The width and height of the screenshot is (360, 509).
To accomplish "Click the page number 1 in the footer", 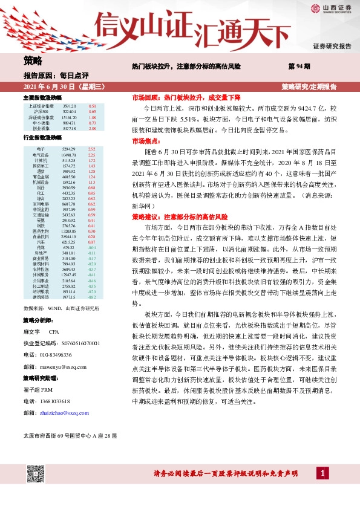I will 324,472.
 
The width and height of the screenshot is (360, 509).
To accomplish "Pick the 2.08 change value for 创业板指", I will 92,129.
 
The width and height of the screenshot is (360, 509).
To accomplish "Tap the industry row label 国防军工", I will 41,165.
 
